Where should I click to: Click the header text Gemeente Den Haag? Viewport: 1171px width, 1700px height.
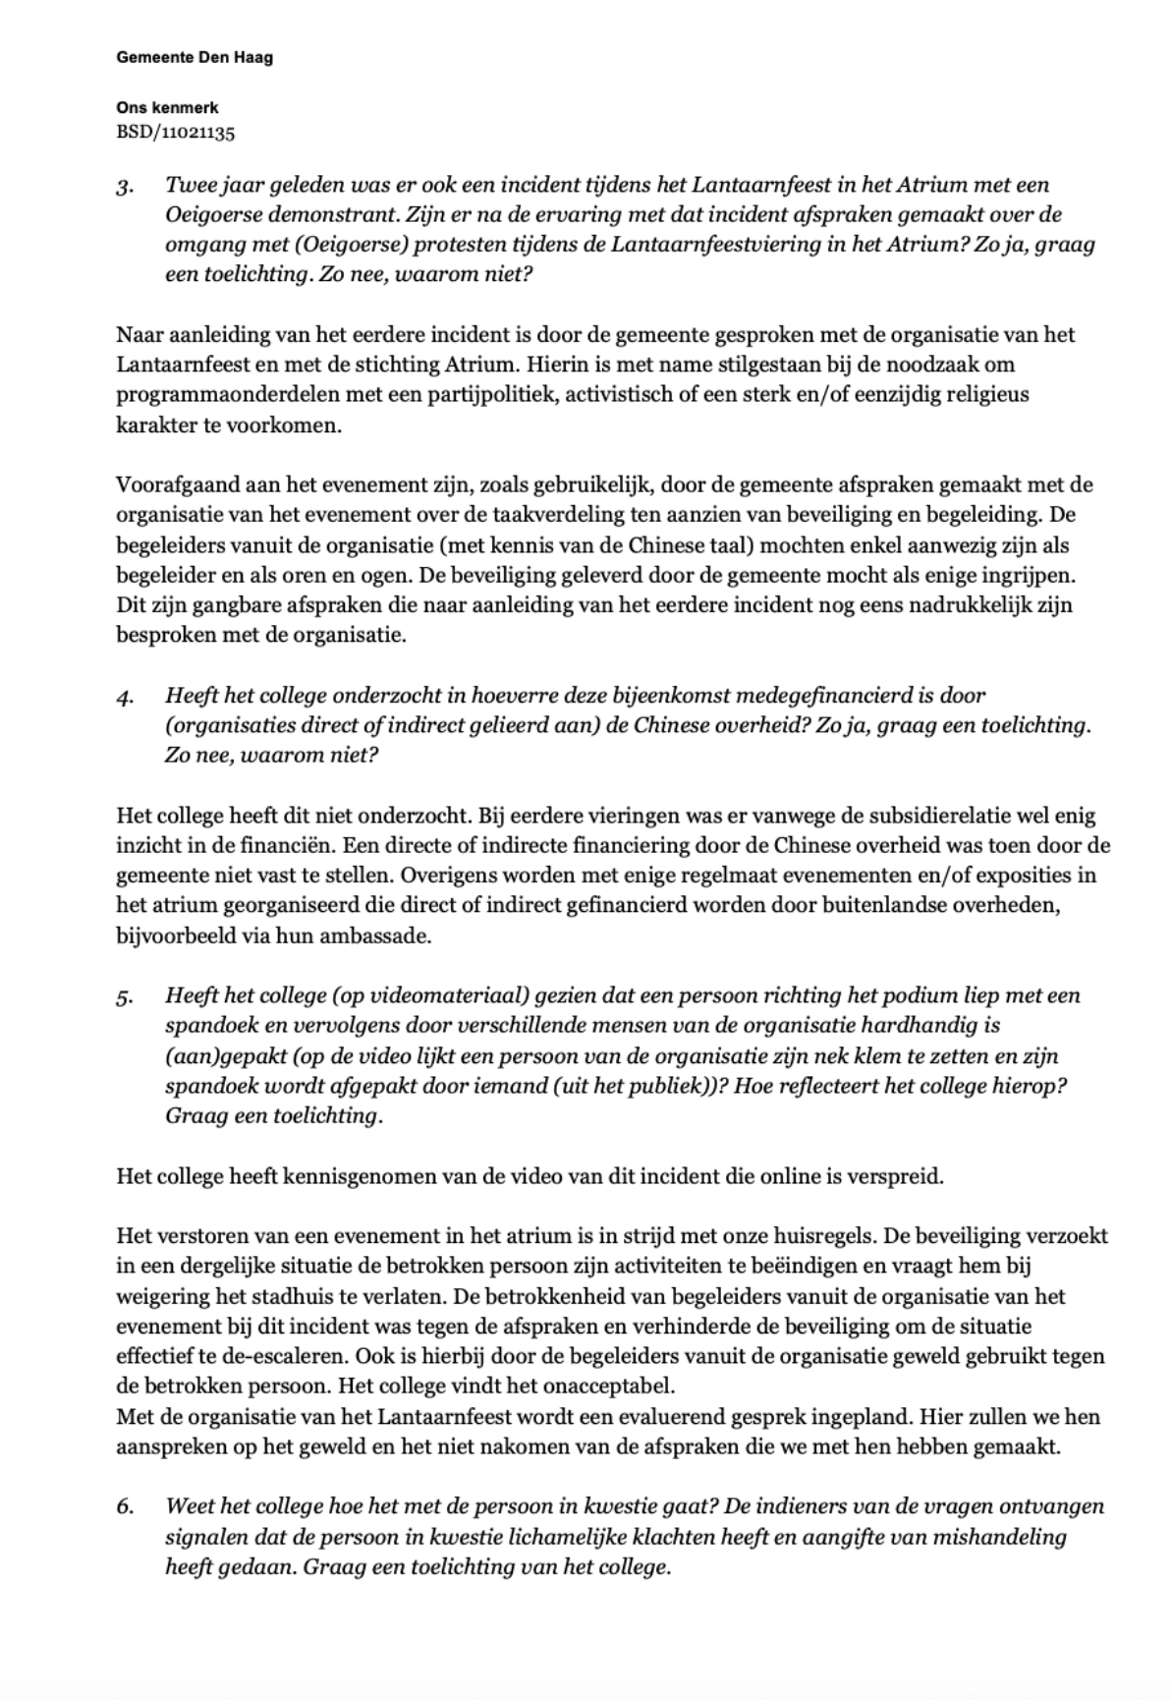(x=195, y=58)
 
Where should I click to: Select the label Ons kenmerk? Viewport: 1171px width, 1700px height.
(x=167, y=108)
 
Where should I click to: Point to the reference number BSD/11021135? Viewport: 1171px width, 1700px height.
(x=176, y=133)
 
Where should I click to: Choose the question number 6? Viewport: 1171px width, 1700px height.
(x=124, y=1507)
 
